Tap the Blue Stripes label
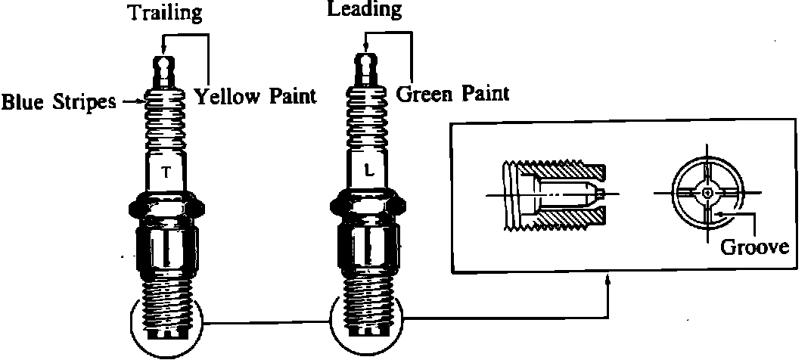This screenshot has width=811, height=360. [57, 101]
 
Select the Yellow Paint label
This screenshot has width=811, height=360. [254, 96]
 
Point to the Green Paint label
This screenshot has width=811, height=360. [452, 93]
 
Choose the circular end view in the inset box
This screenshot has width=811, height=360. [706, 194]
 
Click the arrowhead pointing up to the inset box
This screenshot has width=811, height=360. [608, 280]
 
